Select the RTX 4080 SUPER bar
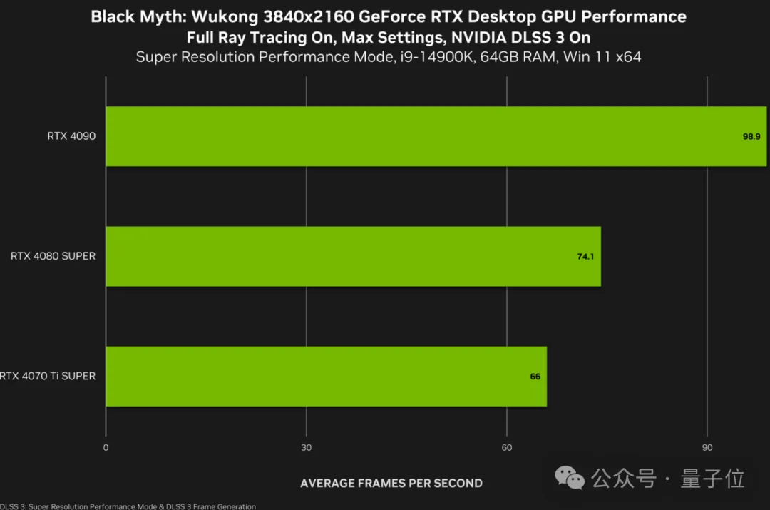tap(353, 256)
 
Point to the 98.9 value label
tap(751, 136)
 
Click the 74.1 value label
tap(585, 256)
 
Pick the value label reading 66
tap(535, 376)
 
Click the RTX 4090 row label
tap(71, 136)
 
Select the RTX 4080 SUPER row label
tap(53, 256)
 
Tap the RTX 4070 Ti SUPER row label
tap(48, 376)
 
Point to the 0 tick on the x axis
tap(106, 448)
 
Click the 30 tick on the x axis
tap(306, 448)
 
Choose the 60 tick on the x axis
tap(506, 448)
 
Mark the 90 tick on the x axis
tap(707, 448)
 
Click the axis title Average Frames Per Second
tap(391, 484)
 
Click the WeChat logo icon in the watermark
tap(570, 478)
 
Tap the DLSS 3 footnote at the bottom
tap(128, 506)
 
